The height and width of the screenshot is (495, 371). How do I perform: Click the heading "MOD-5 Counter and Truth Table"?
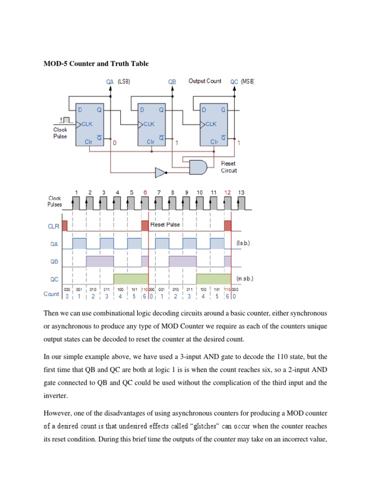click(x=96, y=63)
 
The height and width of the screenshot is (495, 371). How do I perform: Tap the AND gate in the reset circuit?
click(x=198, y=167)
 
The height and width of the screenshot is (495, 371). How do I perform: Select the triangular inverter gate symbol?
click(x=160, y=172)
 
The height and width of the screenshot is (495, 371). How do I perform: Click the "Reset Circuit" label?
click(x=229, y=167)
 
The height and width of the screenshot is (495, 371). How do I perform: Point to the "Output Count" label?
click(x=205, y=81)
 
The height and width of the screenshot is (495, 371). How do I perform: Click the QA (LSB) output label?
click(x=118, y=82)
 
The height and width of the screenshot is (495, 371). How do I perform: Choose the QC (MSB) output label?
click(x=242, y=82)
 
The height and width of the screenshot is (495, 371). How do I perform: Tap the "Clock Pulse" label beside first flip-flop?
click(x=60, y=133)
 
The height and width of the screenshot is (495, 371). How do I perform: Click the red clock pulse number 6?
click(x=145, y=192)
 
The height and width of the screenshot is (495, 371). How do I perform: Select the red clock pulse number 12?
click(x=228, y=192)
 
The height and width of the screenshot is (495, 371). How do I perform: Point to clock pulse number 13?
click(x=242, y=192)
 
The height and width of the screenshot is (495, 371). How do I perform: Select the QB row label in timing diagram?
click(x=54, y=262)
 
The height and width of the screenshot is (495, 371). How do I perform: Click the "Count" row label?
click(x=51, y=294)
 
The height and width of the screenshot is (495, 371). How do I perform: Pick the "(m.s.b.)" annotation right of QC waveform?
click(x=245, y=279)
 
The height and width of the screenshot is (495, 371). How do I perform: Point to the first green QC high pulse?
click(x=130, y=279)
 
